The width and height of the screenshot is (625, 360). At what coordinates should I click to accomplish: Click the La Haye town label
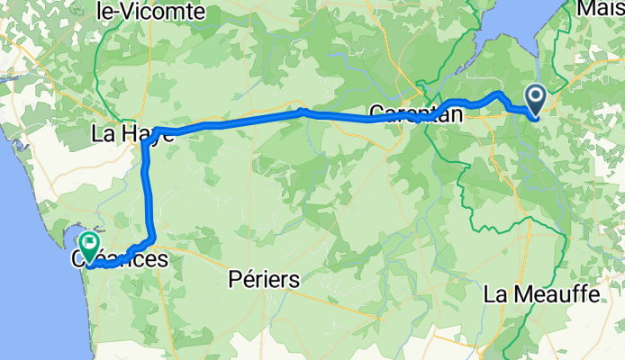click(131, 134)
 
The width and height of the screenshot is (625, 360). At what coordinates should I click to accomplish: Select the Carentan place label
click(415, 114)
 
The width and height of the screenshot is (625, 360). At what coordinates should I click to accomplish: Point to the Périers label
click(265, 280)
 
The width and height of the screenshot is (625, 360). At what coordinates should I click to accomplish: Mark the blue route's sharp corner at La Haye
click(146, 143)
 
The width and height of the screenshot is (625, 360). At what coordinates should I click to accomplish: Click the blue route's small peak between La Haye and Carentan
click(303, 112)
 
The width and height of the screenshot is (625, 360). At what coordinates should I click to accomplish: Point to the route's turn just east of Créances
click(151, 240)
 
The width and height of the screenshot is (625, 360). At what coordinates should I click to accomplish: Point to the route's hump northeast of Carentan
click(497, 94)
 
